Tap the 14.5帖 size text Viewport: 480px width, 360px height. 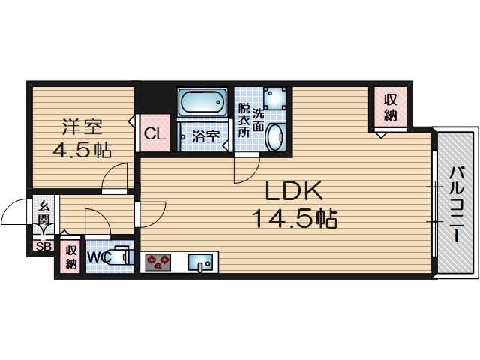(x=293, y=219)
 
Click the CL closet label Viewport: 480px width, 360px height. (x=154, y=135)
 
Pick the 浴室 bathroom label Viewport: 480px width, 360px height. (x=205, y=137)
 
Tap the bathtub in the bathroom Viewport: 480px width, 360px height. (x=202, y=101)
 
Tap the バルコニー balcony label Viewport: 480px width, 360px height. (x=456, y=202)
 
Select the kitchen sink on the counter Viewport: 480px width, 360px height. (x=201, y=262)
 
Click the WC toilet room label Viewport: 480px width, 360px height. (x=98, y=258)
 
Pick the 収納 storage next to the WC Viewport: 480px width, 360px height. (x=71, y=256)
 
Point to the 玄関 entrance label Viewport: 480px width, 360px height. (x=43, y=214)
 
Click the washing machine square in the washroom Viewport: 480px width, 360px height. (x=274, y=98)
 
